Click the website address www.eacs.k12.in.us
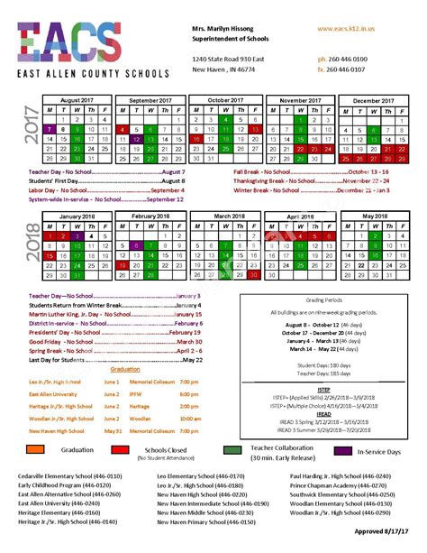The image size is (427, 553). tap(346, 29)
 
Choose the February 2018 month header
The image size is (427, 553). tap(151, 217)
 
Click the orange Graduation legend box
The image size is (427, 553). tap(41, 449)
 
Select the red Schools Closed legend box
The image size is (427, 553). tap(121, 449)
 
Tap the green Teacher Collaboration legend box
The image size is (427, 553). tap(233, 449)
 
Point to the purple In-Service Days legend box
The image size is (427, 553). tap(342, 449)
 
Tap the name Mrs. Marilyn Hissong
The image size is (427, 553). tap(224, 29)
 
